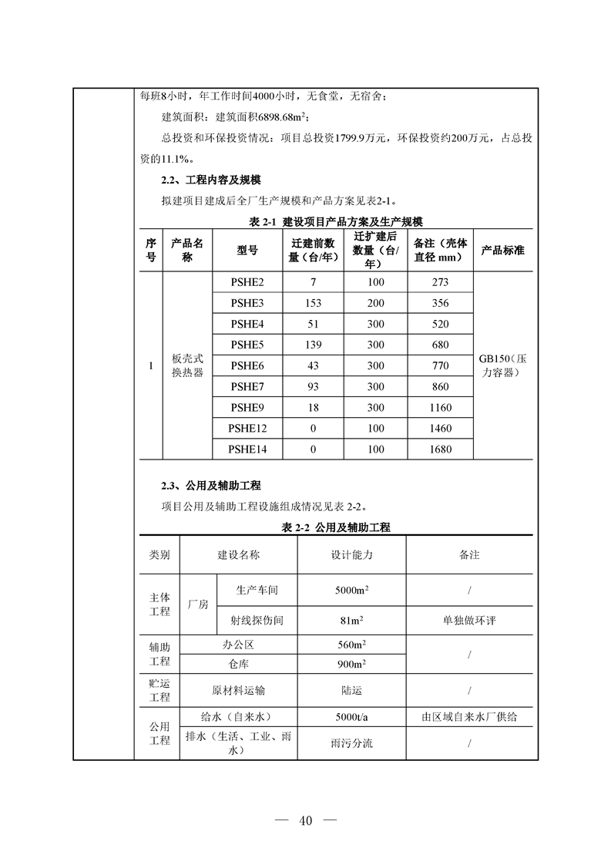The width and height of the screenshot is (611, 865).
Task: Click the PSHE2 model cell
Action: point(247,282)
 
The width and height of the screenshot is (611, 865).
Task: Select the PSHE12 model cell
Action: point(247,429)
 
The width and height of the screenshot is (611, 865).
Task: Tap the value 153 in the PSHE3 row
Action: point(313,303)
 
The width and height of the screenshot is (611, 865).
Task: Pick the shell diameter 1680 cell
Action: point(441,449)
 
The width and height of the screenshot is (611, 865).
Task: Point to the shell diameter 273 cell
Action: point(441,282)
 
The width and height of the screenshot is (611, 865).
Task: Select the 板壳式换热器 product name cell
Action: point(187,365)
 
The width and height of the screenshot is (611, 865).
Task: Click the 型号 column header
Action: point(247,251)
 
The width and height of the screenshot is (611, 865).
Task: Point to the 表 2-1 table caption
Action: point(336,222)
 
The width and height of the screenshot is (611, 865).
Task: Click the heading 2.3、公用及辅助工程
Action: point(211,486)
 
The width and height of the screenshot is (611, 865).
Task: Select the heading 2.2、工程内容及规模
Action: point(211,180)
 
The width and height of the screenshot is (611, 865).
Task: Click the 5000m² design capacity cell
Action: point(351,591)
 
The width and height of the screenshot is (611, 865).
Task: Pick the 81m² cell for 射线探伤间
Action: point(351,620)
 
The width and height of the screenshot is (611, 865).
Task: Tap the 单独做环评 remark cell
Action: point(468,620)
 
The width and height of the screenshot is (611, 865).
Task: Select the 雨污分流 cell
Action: point(351,744)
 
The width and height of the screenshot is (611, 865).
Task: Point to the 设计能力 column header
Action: point(351,555)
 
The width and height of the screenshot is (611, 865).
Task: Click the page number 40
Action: point(306,820)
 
